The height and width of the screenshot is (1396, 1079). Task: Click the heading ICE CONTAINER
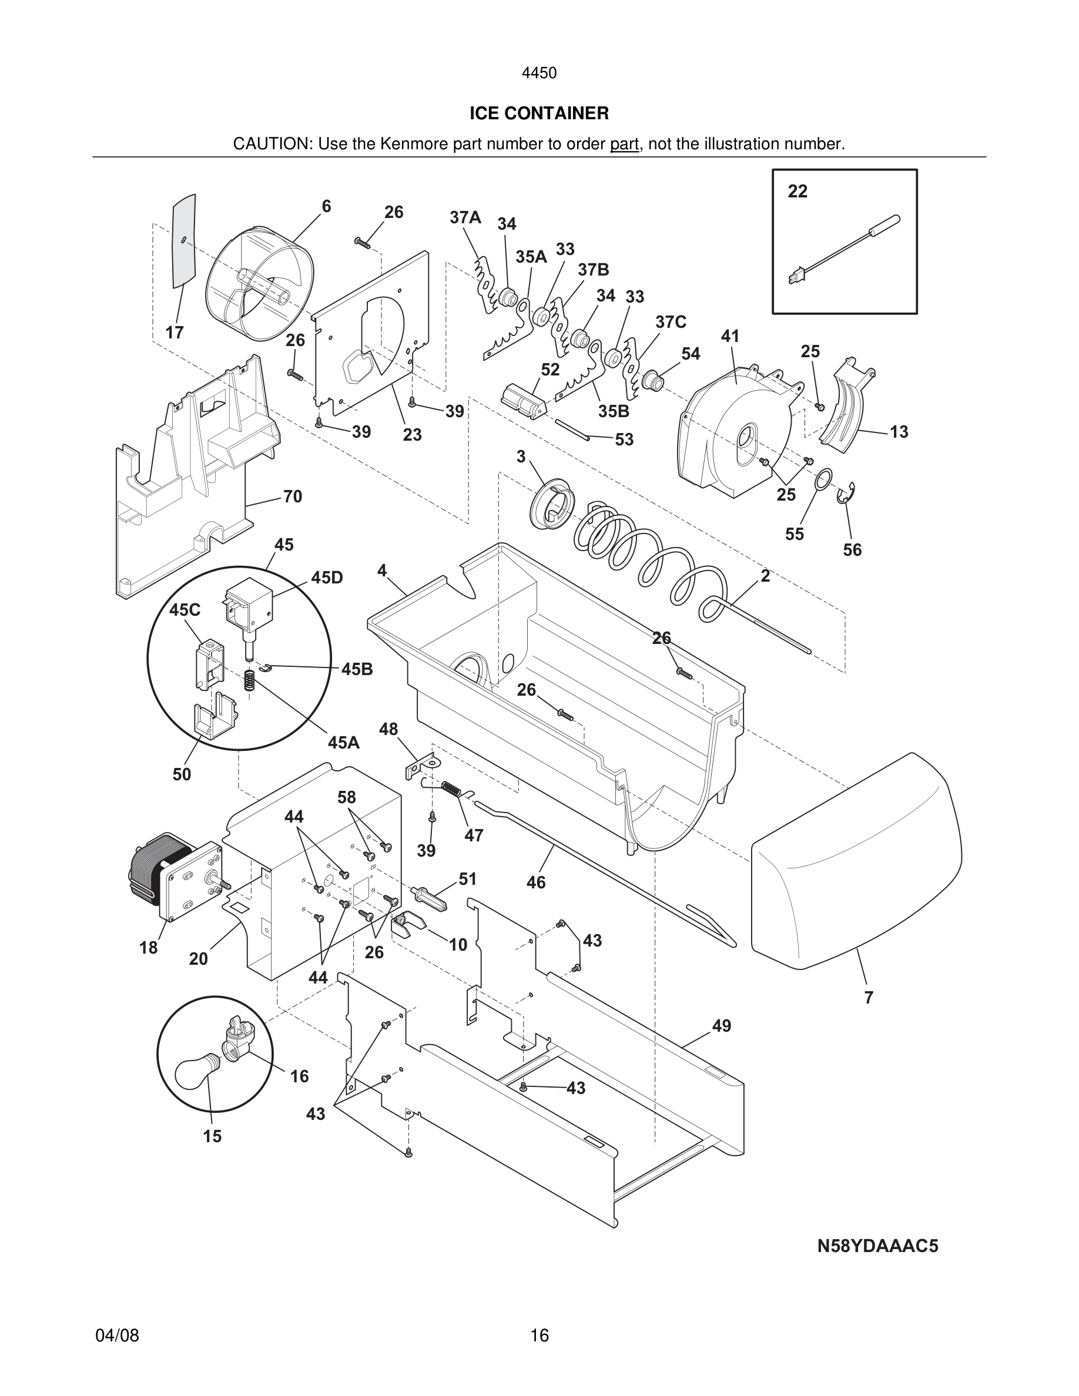point(539,113)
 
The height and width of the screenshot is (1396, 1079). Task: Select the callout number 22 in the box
point(797,191)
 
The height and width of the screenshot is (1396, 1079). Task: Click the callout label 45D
point(327,578)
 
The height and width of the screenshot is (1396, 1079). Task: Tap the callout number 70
point(292,496)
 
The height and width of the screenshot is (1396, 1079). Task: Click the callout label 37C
point(671,322)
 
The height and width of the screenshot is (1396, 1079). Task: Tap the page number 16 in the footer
point(539,1335)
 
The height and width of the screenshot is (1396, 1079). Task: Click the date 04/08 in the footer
point(117,1335)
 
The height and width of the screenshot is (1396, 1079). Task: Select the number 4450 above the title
point(539,73)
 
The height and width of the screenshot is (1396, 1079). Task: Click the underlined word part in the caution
point(624,145)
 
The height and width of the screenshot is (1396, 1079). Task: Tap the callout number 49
point(721,1026)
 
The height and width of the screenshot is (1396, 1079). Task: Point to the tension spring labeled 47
point(451,790)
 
